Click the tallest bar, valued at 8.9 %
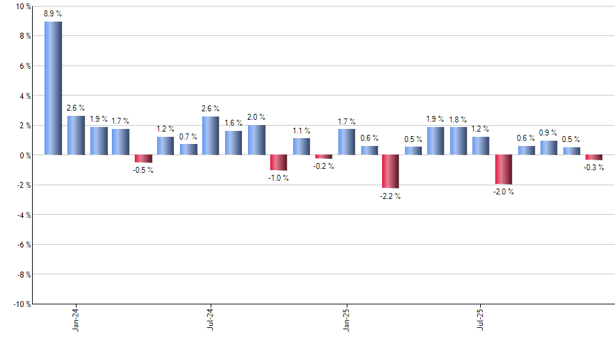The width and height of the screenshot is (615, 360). [x=53, y=88]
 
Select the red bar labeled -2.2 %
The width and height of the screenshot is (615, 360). [x=391, y=171]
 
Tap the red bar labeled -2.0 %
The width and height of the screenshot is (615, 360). [x=503, y=170]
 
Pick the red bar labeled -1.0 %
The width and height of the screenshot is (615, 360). [x=279, y=162]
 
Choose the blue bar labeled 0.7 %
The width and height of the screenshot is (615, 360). [x=188, y=150]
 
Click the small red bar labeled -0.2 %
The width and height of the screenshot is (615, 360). [x=324, y=156]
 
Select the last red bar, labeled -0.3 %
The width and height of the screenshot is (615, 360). [x=593, y=158]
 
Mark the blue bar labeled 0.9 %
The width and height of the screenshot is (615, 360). [x=548, y=148]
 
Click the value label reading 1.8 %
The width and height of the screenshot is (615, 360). [x=458, y=120]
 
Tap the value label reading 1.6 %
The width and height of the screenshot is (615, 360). [x=234, y=123]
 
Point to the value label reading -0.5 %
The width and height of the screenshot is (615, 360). [x=143, y=170]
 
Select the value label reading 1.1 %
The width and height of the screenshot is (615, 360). [x=302, y=130]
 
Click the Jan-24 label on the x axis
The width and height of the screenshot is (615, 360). [x=76, y=319]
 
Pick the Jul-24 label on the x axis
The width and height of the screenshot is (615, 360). [x=211, y=319]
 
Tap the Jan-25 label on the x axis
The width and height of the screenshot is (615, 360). [x=346, y=319]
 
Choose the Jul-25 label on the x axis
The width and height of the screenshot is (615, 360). [x=481, y=319]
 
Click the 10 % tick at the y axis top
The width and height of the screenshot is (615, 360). [x=22, y=7]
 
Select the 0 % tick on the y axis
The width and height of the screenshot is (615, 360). [x=24, y=155]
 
